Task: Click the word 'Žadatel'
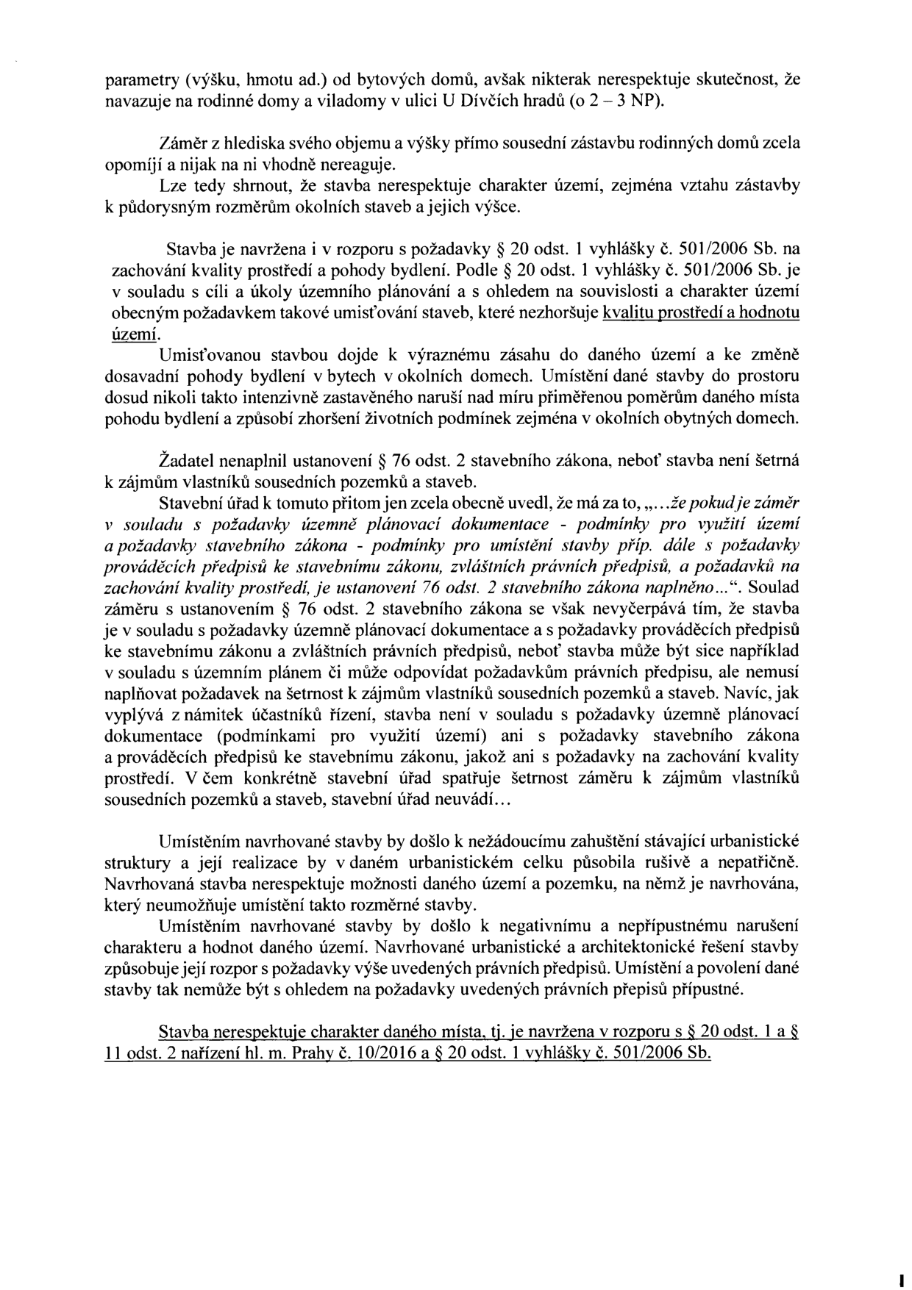(x=185, y=461)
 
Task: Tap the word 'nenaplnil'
(x=241, y=461)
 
